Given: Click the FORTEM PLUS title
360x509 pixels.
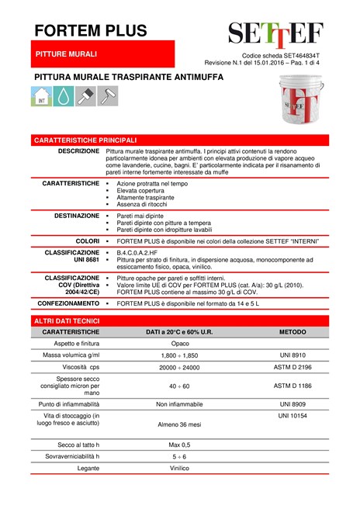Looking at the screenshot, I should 90,31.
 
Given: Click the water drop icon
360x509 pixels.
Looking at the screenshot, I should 64,96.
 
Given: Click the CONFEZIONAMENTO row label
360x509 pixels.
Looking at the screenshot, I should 67,303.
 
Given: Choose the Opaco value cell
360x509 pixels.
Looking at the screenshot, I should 180,343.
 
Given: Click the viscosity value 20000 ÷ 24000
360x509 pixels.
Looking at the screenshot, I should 180,368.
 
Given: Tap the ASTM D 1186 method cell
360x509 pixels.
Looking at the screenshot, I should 293,385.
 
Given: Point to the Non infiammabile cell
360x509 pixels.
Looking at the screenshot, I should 180,404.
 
